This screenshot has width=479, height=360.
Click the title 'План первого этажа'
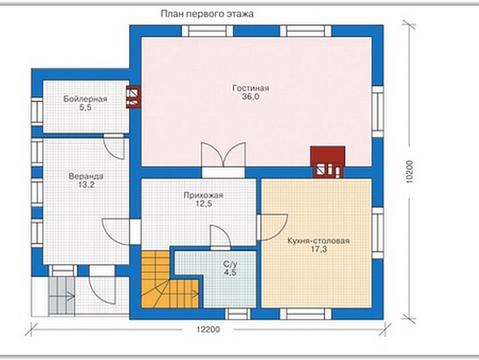coord(207,14)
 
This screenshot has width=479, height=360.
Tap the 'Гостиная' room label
coord(251,88)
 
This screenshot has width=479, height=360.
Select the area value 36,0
coord(251,97)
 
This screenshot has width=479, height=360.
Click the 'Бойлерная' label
coord(85,99)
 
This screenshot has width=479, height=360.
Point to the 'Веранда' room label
coord(86,176)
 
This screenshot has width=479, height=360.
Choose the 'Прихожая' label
coord(203,195)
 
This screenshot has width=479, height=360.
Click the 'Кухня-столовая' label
coord(318,241)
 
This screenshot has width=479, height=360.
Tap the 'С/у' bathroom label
coord(230,264)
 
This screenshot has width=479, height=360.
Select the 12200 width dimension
coord(208,330)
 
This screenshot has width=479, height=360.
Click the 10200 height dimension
coord(409,172)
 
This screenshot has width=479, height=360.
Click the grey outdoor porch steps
coord(62,295)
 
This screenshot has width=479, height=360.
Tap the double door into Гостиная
coord(224,159)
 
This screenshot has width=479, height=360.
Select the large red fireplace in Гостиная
coord(328,162)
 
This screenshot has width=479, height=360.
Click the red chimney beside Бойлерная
coord(134,97)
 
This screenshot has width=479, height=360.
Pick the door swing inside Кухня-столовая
coord(273,227)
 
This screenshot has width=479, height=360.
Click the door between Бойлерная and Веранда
coord(114,147)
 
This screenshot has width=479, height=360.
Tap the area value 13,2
coord(86,185)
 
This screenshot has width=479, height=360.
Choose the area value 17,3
coord(319,250)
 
